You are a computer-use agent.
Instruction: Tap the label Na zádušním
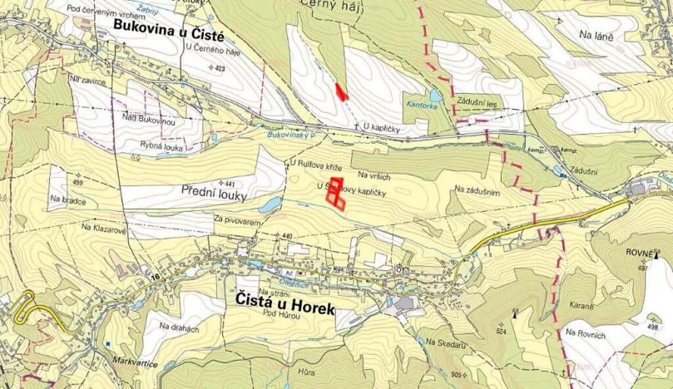(477, 190)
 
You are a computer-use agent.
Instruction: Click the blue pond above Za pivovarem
(269, 204)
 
